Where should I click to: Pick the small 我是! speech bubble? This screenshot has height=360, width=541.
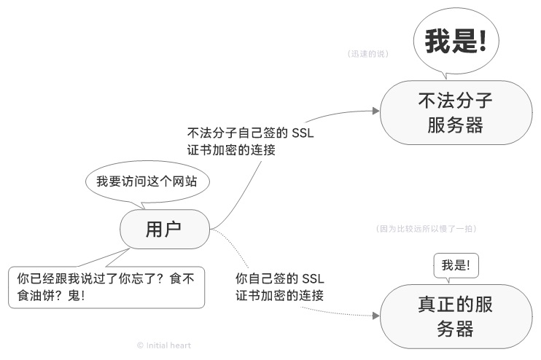point(456,266)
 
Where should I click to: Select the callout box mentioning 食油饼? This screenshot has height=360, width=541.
point(106,288)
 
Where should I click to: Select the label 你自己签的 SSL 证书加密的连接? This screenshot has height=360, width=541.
point(280,287)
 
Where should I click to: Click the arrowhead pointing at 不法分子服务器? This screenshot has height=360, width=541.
point(375,111)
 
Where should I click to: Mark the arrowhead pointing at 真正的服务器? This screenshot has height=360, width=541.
point(375,316)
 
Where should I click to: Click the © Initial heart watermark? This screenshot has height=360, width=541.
point(164,345)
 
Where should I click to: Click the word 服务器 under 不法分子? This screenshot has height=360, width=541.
point(456,125)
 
